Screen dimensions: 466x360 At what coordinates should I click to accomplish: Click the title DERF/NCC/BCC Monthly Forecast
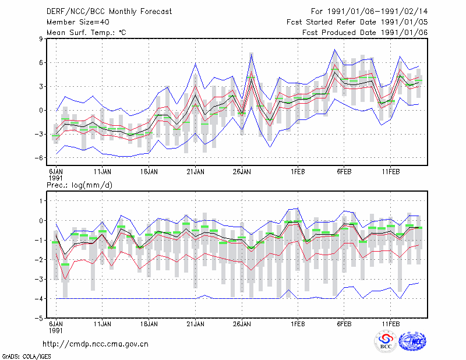pyautogui.click(x=109, y=12)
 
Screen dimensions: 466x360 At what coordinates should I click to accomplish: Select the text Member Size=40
pyautogui.click(x=78, y=22)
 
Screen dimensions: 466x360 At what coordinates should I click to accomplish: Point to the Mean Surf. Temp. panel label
pyautogui.click(x=86, y=33)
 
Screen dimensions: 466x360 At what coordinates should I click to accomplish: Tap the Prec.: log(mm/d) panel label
pyautogui.click(x=79, y=185)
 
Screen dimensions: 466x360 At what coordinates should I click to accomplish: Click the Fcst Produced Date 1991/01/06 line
pyautogui.click(x=365, y=33)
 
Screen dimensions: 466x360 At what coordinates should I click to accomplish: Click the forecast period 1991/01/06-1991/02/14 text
pyautogui.click(x=369, y=12)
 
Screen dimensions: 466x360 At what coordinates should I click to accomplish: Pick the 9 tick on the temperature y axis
pyautogui.click(x=41, y=38)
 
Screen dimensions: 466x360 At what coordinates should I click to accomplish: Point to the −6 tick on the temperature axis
pyautogui.click(x=39, y=157)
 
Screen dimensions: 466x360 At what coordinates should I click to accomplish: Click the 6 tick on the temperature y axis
pyautogui.click(x=41, y=62)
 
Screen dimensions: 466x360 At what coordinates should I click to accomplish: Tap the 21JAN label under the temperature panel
pyautogui.click(x=195, y=171)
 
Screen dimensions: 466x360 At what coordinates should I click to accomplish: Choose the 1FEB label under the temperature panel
pyautogui.click(x=298, y=171)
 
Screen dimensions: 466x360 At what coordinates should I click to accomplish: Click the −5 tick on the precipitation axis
pyautogui.click(x=39, y=318)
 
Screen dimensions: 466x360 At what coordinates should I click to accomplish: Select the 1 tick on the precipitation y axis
pyautogui.click(x=41, y=201)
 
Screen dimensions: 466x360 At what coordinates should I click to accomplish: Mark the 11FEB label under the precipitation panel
pyautogui.click(x=390, y=324)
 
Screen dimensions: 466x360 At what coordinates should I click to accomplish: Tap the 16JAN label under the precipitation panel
pyautogui.click(x=149, y=324)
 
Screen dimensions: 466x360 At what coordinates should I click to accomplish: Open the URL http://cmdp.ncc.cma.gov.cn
pyautogui.click(x=96, y=344)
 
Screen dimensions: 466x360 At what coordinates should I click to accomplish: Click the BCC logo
pyautogui.click(x=386, y=341)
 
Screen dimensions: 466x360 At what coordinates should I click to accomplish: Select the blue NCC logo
pyautogui.click(x=412, y=341)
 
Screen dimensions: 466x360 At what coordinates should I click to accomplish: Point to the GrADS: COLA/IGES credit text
pyautogui.click(x=26, y=357)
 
